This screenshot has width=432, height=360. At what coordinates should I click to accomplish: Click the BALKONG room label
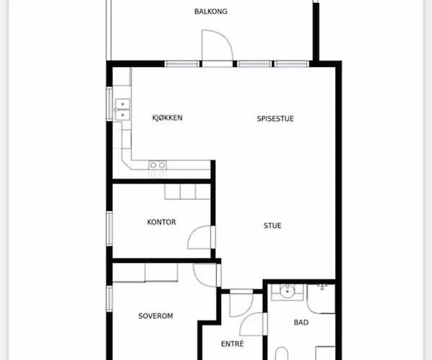(x=211, y=12)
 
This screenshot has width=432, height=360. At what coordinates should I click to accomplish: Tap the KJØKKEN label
(x=167, y=117)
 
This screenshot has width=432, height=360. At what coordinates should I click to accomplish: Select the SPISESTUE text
(x=275, y=119)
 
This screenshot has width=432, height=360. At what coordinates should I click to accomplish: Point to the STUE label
(x=272, y=225)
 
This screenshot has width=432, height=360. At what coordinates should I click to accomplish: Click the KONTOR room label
(x=161, y=222)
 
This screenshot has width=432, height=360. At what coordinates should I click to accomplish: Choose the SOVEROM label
(x=156, y=316)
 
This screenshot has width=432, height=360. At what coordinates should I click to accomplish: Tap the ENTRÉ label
(x=233, y=343)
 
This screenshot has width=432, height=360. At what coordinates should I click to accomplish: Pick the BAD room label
(x=301, y=323)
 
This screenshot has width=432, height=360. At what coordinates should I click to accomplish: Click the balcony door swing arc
(x=226, y=39)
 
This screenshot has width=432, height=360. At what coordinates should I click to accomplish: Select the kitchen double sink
(x=122, y=109)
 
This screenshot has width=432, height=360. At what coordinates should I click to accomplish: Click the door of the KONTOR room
(x=201, y=237)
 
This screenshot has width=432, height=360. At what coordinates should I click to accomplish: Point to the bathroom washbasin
(x=287, y=291)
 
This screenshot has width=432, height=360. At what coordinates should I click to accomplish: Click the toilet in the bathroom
(x=282, y=354)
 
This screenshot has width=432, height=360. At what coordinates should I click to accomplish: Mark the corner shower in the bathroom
(x=321, y=299)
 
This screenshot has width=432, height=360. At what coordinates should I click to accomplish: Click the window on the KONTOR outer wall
(x=109, y=228)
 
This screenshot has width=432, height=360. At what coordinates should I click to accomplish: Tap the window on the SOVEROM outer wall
(x=109, y=299)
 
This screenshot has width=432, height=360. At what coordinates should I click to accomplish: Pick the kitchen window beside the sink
(x=109, y=104)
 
